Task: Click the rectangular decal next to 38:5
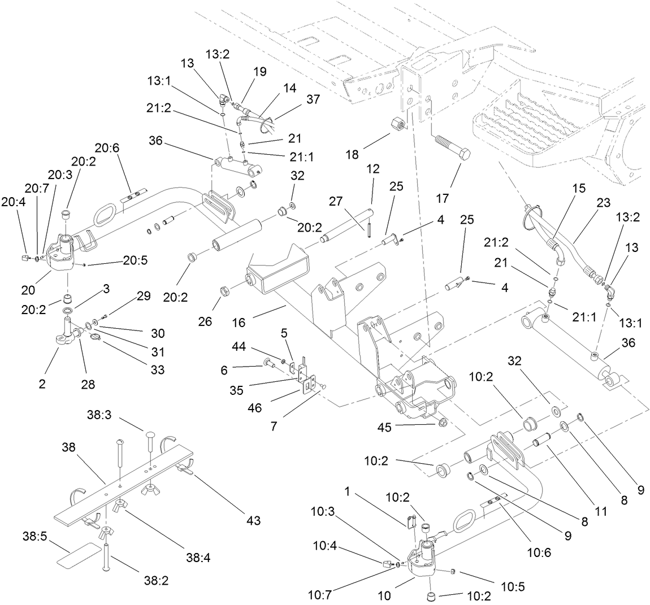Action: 77,554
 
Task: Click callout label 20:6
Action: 107,149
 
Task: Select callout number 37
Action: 313,99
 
